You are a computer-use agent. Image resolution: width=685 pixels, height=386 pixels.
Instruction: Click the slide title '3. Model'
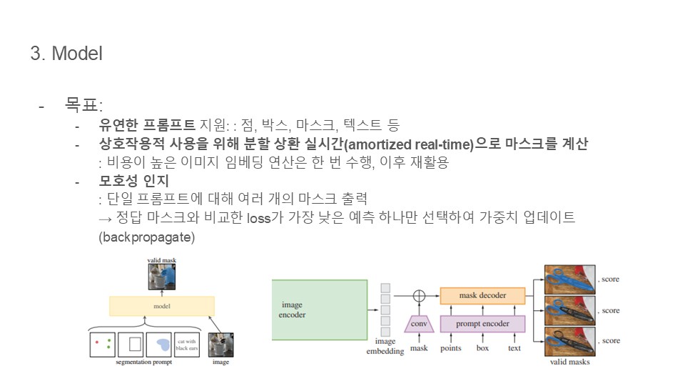coord(66,54)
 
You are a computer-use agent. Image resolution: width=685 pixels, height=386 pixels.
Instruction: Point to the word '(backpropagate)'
coord(146,237)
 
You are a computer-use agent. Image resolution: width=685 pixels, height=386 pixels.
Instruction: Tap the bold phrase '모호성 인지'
coord(134,181)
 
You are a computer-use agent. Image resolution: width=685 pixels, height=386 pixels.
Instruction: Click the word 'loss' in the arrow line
coord(259,217)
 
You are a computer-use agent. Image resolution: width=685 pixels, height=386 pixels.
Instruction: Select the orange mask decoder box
coord(482,295)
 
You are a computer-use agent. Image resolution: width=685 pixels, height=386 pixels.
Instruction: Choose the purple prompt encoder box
coord(482,324)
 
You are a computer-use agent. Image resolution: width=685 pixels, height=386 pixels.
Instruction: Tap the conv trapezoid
coord(419,325)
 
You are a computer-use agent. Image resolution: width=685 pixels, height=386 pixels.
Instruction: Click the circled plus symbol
coord(419,295)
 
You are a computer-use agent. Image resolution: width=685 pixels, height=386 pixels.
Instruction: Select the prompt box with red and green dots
coord(102,344)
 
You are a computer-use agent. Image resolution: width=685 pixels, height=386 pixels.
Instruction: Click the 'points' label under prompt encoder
coord(450,349)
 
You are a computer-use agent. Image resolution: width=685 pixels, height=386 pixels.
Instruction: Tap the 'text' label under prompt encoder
coord(514,349)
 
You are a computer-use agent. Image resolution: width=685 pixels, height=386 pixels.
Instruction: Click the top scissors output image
coord(570,279)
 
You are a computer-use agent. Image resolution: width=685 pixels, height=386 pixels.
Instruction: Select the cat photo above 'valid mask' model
coord(162,277)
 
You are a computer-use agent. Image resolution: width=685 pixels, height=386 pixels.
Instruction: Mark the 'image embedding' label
coord(385,347)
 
